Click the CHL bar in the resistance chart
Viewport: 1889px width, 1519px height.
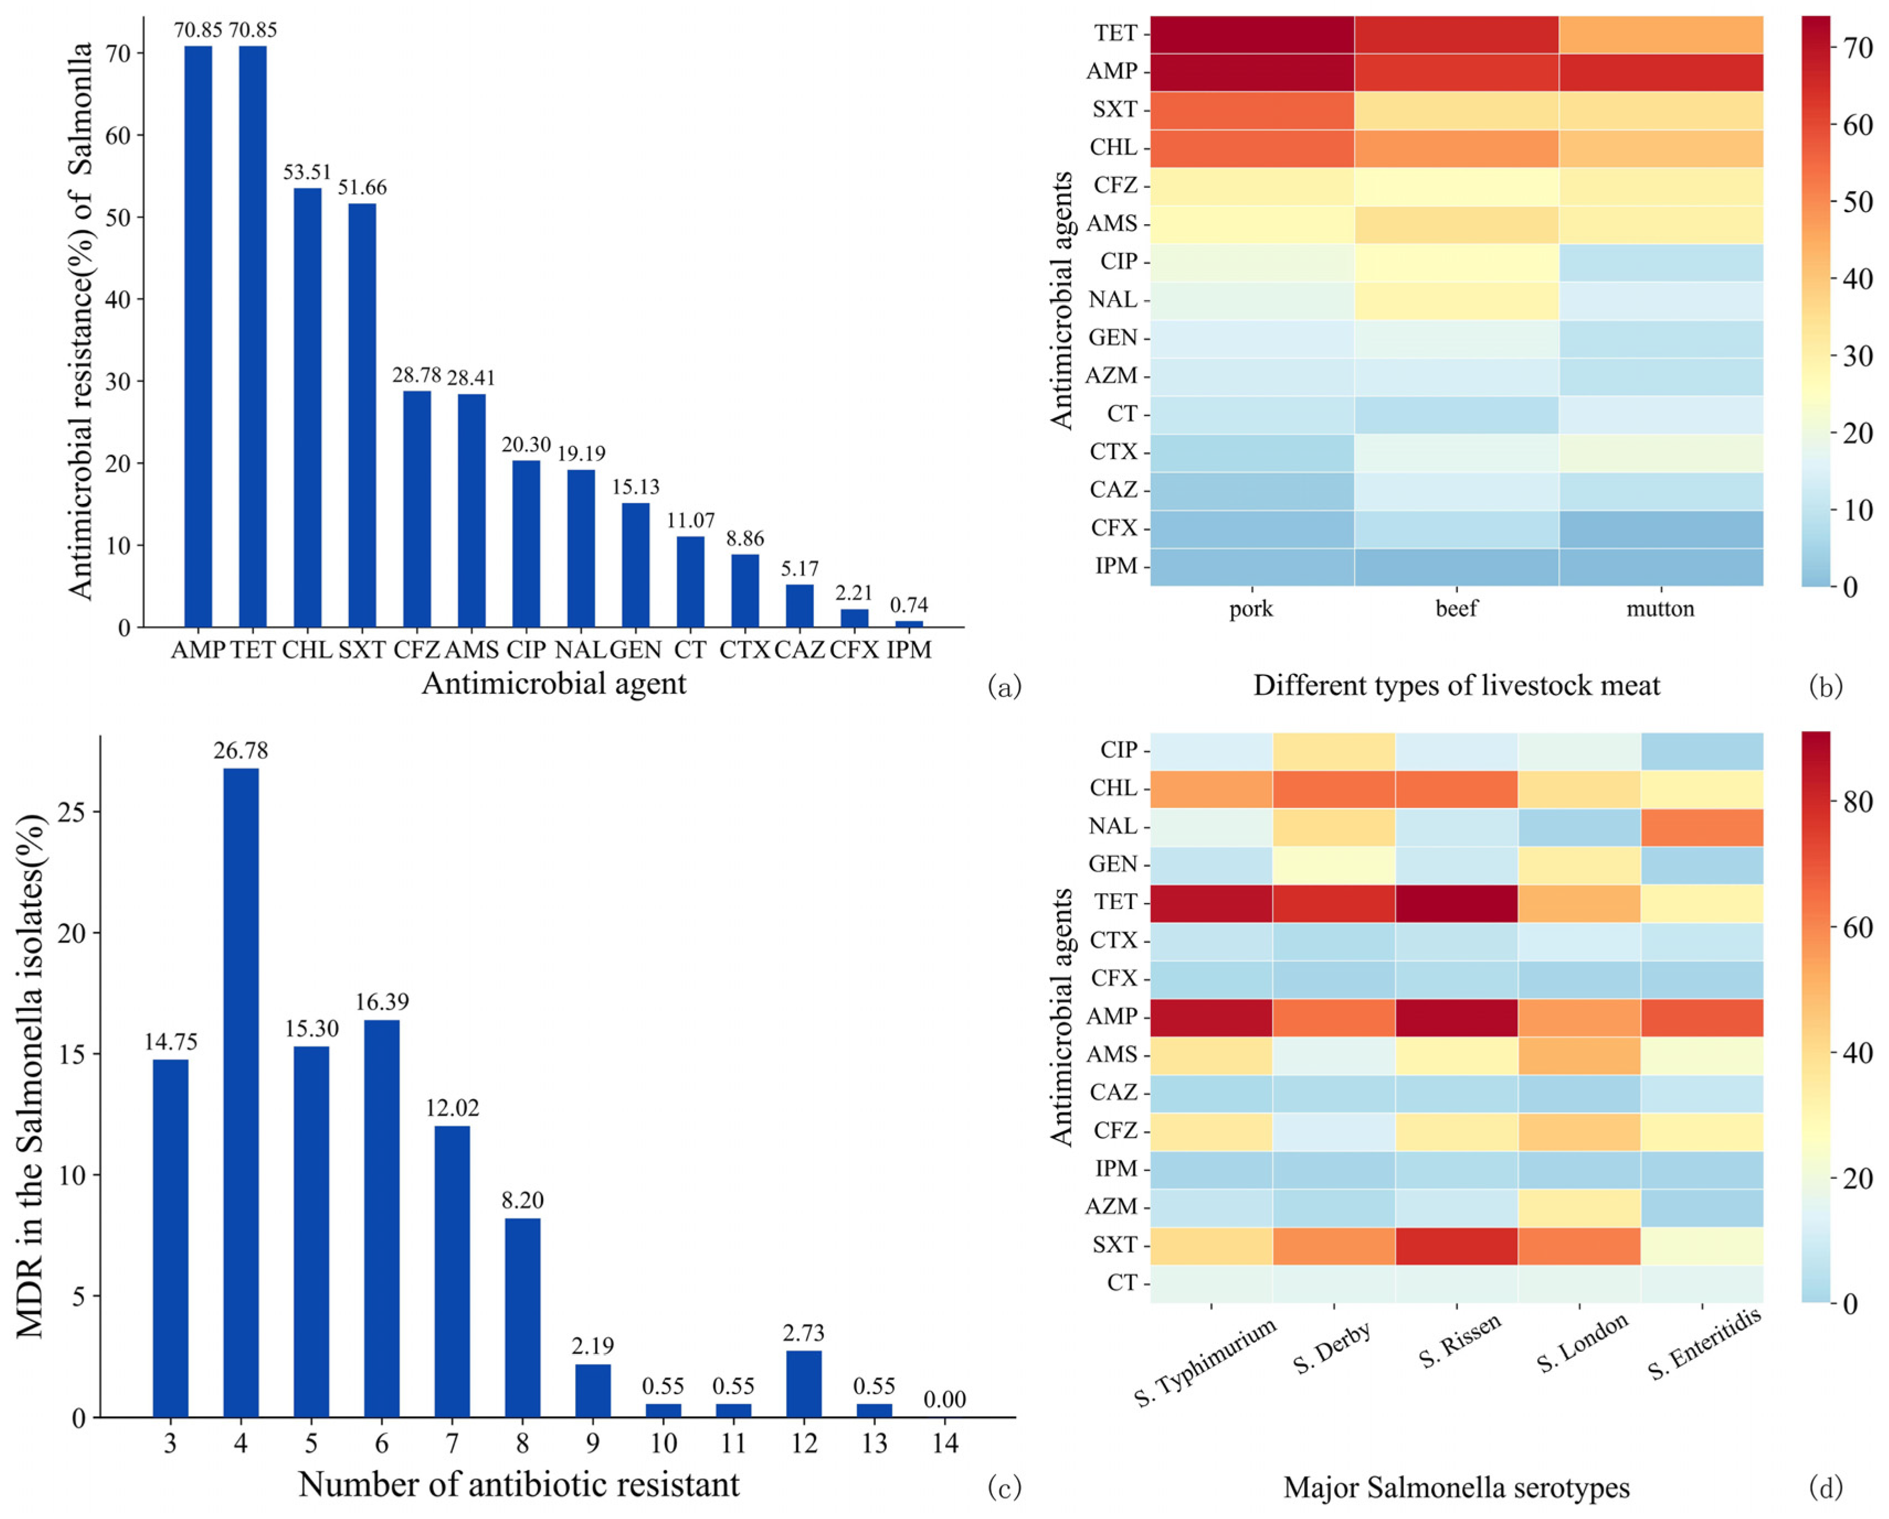[x=308, y=408]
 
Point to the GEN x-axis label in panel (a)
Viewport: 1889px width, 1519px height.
[x=635, y=650]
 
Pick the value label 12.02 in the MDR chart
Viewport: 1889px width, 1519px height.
[x=452, y=1108]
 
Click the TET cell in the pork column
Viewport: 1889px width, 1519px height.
[x=1252, y=34]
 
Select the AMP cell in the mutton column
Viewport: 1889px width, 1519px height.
[x=1660, y=72]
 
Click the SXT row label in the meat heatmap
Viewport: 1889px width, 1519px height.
[x=1114, y=109]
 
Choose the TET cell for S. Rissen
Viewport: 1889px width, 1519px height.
[x=1456, y=903]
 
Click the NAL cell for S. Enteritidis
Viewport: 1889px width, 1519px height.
[x=1701, y=826]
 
